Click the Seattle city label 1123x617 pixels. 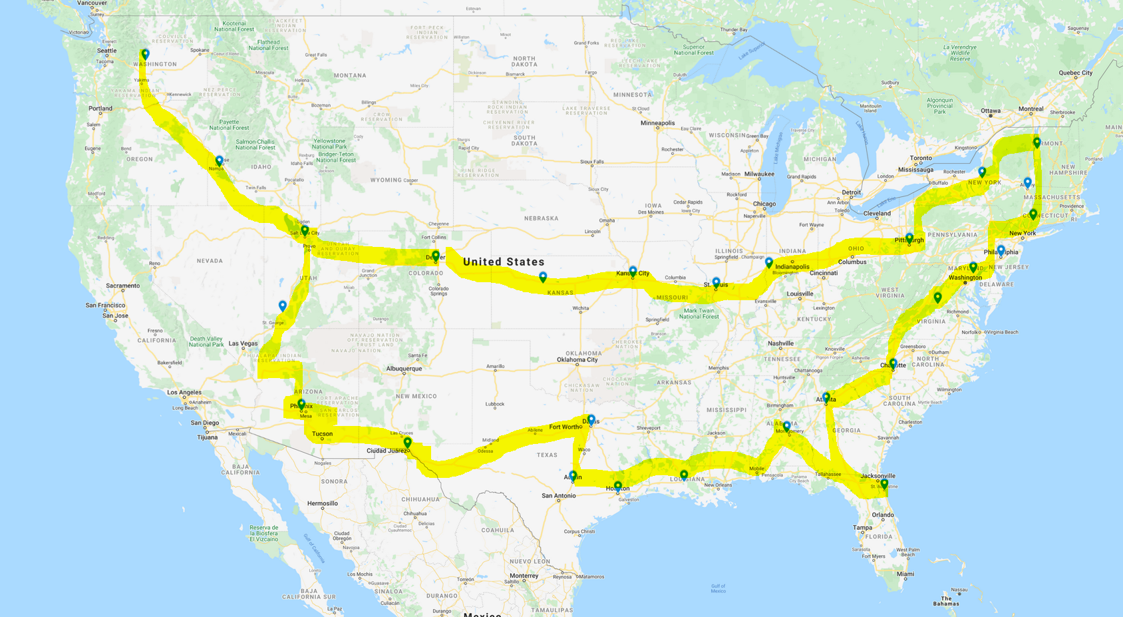(106, 51)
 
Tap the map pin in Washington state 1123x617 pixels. (145, 54)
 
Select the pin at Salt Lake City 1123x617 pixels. (305, 230)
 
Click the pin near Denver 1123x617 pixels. (436, 256)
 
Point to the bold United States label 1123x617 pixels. (504, 262)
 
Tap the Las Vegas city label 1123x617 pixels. (243, 343)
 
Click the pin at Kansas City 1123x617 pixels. (633, 271)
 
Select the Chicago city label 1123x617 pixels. (764, 204)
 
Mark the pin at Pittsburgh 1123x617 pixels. (909, 238)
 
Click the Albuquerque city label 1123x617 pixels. (404, 368)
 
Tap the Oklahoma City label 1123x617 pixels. (577, 359)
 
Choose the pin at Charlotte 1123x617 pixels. (893, 363)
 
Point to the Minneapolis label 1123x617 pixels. (657, 122)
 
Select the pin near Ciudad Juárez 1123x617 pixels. (408, 442)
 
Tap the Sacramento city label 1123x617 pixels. (122, 286)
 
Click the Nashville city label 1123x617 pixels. (780, 343)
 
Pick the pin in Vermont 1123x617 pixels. (1037, 142)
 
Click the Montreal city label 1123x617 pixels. (1031, 108)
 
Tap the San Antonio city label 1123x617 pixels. (559, 495)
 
